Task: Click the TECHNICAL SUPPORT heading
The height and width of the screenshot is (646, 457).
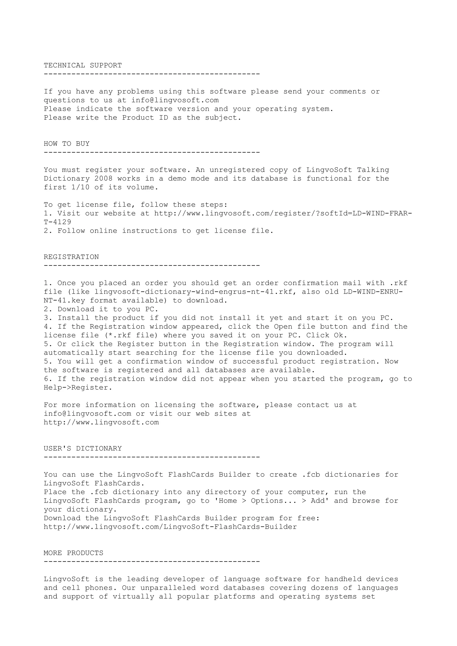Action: click(83, 66)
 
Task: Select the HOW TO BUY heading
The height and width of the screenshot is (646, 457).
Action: click(66, 144)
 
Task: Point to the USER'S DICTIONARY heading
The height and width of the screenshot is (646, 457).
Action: click(83, 448)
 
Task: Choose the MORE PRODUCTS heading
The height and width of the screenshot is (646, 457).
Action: click(73, 553)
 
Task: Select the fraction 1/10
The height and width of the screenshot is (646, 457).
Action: click(80, 187)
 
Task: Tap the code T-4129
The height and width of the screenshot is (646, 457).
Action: click(57, 222)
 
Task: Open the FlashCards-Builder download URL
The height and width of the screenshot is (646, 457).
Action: click(170, 527)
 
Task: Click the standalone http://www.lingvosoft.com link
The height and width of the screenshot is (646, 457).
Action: click(101, 422)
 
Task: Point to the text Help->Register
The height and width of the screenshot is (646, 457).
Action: click(78, 388)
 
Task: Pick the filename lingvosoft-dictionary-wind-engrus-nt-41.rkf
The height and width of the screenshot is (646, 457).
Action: click(193, 292)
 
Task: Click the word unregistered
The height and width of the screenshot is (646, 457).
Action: click(237, 170)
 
